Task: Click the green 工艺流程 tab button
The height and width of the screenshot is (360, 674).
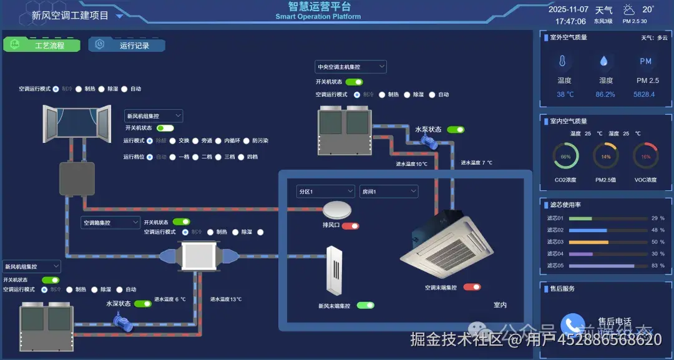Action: pyautogui.click(x=42, y=45)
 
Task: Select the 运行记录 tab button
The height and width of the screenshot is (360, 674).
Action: pyautogui.click(x=127, y=45)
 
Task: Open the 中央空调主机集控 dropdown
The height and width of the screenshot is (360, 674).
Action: pyautogui.click(x=350, y=67)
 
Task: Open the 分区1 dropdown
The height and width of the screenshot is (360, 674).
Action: pyautogui.click(x=325, y=192)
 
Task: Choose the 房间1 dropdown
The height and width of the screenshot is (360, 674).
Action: pyautogui.click(x=388, y=192)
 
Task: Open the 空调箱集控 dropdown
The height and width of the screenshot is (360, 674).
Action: pyautogui.click(x=110, y=222)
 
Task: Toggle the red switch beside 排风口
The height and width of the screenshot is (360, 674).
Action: pyautogui.click(x=350, y=225)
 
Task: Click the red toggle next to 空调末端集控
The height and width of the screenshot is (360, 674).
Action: pyautogui.click(x=472, y=287)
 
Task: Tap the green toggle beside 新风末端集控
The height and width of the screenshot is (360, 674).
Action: pyautogui.click(x=365, y=305)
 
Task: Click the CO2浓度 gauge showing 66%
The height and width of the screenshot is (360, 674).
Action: pyautogui.click(x=565, y=157)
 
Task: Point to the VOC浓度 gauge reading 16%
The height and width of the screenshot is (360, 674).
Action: pyautogui.click(x=645, y=157)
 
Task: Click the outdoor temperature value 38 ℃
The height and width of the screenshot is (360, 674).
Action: pyautogui.click(x=565, y=95)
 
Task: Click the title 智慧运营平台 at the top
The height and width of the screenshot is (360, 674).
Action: pyautogui.click(x=319, y=7)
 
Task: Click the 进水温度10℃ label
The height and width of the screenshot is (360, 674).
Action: pyautogui.click(x=411, y=164)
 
